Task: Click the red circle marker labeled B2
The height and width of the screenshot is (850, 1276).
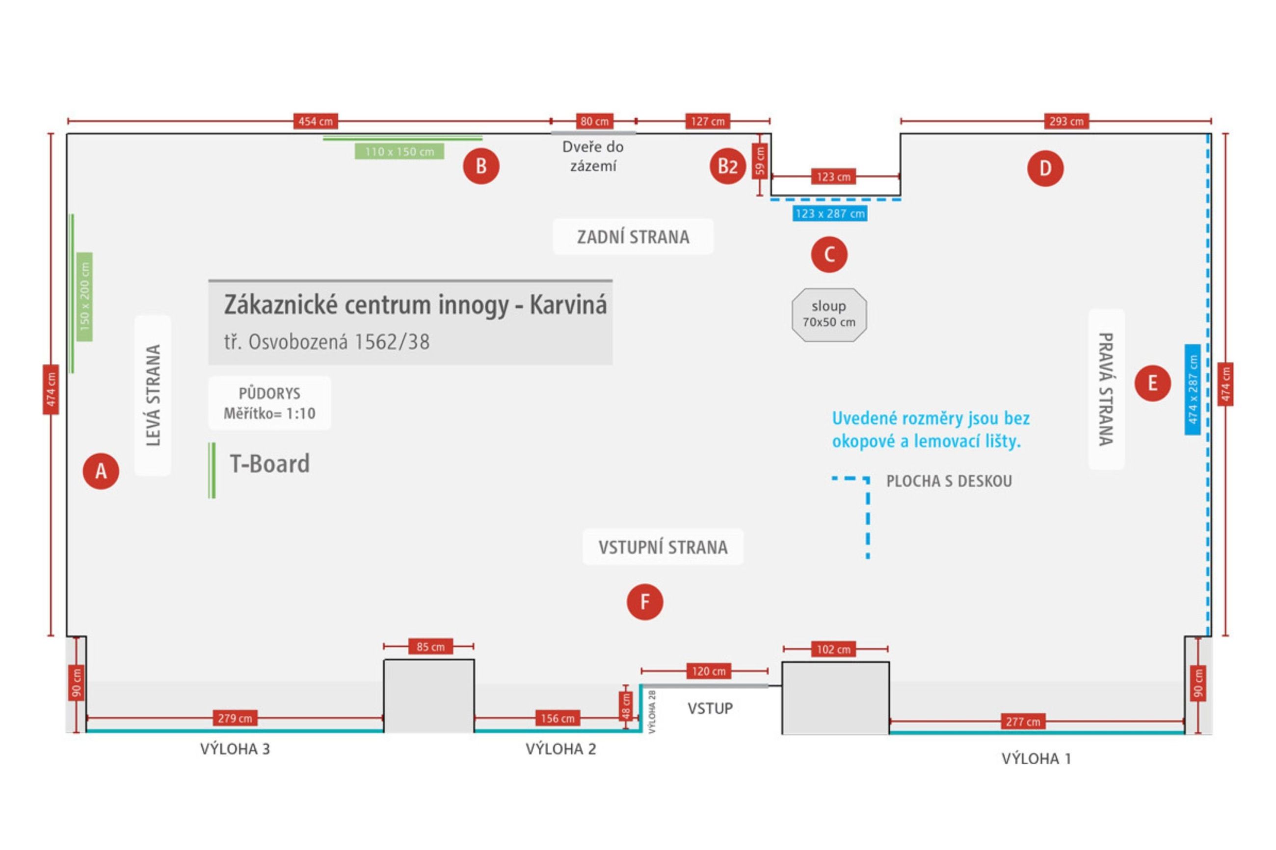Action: (727, 166)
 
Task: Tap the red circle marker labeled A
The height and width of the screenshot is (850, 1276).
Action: (101, 470)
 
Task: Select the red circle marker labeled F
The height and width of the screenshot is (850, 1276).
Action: (645, 602)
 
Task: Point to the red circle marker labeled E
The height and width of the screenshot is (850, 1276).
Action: (1152, 383)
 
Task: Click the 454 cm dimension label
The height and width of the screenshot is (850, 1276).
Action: (315, 121)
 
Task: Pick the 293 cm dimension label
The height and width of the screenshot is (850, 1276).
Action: (1066, 121)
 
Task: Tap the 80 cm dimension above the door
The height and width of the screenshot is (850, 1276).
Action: (594, 121)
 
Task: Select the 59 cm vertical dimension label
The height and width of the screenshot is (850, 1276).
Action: (760, 161)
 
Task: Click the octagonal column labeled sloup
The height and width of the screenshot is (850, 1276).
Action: (828, 314)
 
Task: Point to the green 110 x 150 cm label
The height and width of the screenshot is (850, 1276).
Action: (399, 151)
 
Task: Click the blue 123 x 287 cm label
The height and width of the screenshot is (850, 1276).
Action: (830, 213)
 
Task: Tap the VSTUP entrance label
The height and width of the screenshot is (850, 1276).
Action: (710, 708)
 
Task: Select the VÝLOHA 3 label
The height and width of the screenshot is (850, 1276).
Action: (235, 748)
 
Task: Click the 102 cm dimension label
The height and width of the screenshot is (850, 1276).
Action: (833, 649)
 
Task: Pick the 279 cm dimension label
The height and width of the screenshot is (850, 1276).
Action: (235, 718)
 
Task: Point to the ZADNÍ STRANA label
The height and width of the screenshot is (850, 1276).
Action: (633, 237)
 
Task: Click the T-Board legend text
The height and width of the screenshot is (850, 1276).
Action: (269, 464)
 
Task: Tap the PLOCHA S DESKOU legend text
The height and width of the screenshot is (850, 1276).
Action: (949, 481)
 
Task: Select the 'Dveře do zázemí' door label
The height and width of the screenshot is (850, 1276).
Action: (593, 156)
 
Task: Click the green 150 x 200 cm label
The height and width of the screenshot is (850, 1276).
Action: (84, 297)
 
